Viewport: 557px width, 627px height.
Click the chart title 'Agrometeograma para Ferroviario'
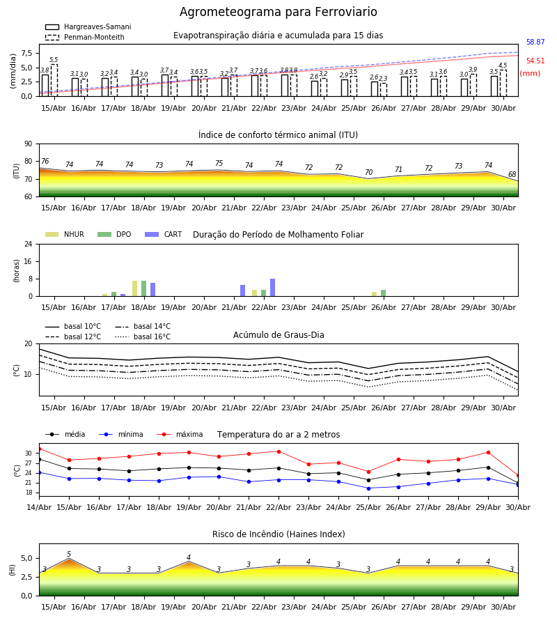click(278, 12)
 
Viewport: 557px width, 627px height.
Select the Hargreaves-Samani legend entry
click(88, 26)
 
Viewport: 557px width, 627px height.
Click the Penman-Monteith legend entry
click(85, 37)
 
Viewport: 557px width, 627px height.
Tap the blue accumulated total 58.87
click(535, 42)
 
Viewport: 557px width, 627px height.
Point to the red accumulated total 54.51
click(535, 61)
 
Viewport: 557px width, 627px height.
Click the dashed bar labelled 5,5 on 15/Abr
click(54, 80)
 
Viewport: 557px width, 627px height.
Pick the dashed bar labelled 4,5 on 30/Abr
click(503, 83)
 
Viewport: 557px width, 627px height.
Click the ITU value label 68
click(512, 174)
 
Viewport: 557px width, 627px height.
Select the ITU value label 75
click(219, 163)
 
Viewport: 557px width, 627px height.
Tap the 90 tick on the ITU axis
click(29, 144)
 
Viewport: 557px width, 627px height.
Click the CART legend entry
click(164, 234)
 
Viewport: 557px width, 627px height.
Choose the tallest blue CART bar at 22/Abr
click(272, 288)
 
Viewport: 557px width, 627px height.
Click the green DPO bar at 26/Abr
click(383, 293)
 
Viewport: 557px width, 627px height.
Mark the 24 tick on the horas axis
click(29, 244)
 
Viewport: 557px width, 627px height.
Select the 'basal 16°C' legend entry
click(143, 336)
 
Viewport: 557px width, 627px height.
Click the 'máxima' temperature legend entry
click(180, 434)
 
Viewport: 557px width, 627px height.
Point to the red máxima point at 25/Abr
click(368, 472)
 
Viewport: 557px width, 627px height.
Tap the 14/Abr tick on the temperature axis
click(39, 507)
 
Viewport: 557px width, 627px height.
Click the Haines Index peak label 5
click(69, 555)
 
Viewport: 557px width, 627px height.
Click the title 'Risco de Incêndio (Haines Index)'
click(278, 534)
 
